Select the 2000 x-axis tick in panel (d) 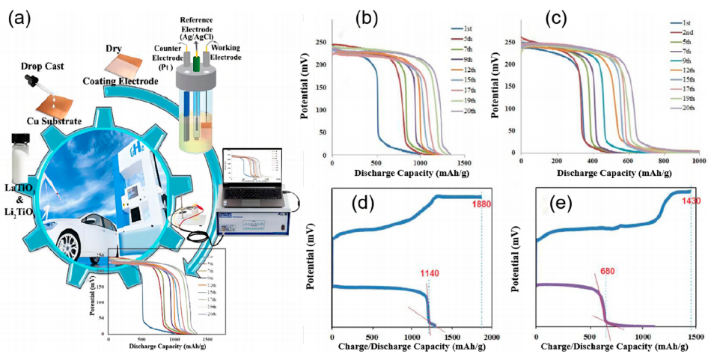[x=490, y=338]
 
